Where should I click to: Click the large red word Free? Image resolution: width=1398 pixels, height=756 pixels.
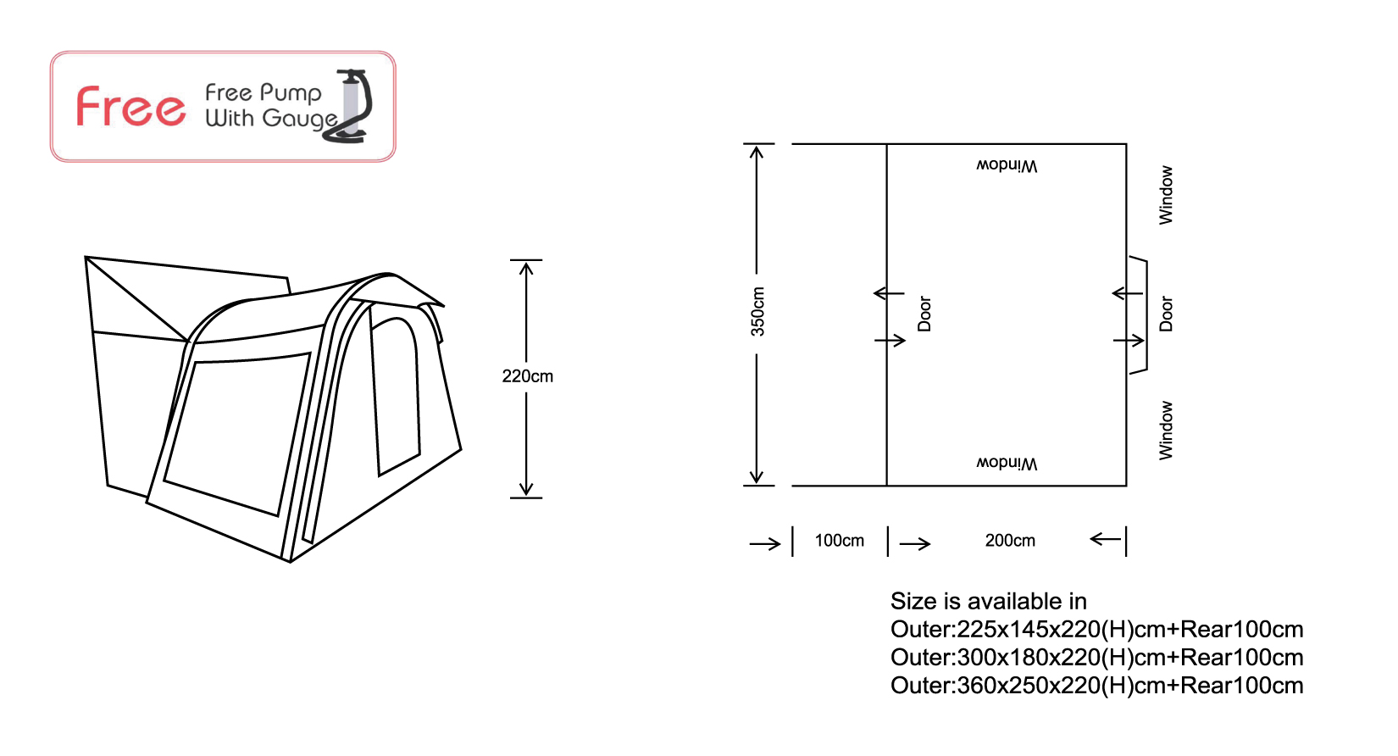pyautogui.click(x=130, y=107)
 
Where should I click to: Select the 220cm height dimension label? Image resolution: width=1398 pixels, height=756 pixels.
pyautogui.click(x=527, y=376)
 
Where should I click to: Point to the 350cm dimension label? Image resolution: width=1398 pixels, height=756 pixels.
pyautogui.click(x=757, y=312)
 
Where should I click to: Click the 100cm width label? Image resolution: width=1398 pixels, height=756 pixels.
pyautogui.click(x=840, y=541)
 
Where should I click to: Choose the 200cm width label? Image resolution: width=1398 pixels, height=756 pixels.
pyautogui.click(x=1010, y=541)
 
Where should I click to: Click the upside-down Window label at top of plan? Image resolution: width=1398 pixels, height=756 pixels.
pyautogui.click(x=1007, y=165)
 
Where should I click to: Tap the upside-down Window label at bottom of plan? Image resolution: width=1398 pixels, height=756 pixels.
pyautogui.click(x=1007, y=464)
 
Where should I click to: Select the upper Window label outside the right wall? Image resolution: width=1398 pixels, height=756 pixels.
pyautogui.click(x=1166, y=195)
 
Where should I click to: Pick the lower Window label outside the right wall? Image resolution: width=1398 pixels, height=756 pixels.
pyautogui.click(x=1166, y=431)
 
